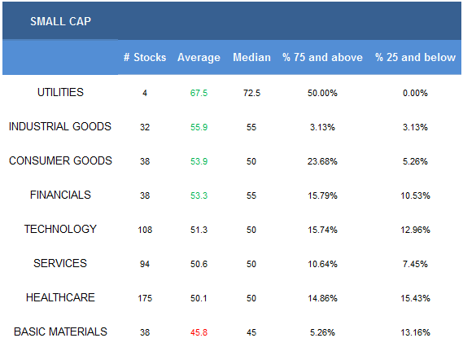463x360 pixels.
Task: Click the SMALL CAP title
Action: [x=60, y=21]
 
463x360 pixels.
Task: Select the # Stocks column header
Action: [x=145, y=57]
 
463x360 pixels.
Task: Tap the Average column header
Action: [x=199, y=58]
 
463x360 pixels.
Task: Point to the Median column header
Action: [x=251, y=57]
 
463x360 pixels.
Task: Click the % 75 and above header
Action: [x=322, y=57]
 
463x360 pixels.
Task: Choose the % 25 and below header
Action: [x=415, y=57]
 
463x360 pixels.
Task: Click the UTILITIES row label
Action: [x=60, y=93]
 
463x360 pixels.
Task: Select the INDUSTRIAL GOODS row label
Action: [x=60, y=126]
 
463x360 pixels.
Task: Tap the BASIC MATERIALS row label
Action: [x=60, y=331]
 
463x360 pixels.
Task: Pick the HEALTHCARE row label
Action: [x=60, y=297]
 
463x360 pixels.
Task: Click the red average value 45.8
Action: [x=199, y=332]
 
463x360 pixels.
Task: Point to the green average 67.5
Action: [x=199, y=93]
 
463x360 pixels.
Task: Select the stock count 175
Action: [x=145, y=298]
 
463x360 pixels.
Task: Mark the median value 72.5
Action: [x=251, y=93]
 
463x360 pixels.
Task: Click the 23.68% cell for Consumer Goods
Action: [x=322, y=161]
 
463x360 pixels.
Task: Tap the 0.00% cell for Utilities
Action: [x=415, y=93]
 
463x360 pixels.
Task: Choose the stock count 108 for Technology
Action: [x=145, y=230]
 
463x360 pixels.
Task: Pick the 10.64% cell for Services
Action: [x=322, y=264]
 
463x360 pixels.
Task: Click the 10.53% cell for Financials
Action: [x=415, y=195]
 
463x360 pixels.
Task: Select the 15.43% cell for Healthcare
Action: [x=415, y=298]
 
